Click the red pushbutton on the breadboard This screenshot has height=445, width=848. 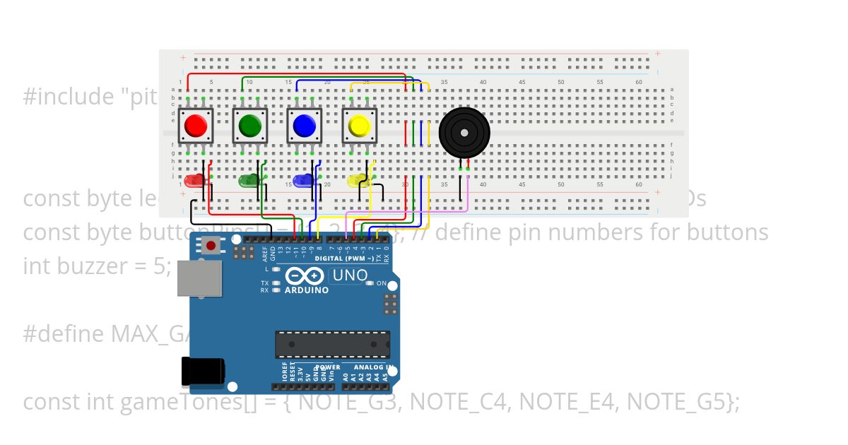(195, 126)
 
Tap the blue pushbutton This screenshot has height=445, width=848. (304, 126)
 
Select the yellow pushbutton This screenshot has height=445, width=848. (359, 126)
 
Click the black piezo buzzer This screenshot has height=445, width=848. (464, 132)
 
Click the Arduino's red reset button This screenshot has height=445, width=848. (210, 246)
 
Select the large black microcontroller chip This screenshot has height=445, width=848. (331, 344)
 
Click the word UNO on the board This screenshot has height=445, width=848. (350, 275)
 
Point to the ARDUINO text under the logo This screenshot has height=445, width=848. (306, 290)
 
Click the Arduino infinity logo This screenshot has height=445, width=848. (306, 276)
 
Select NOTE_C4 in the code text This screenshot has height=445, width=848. (459, 402)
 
